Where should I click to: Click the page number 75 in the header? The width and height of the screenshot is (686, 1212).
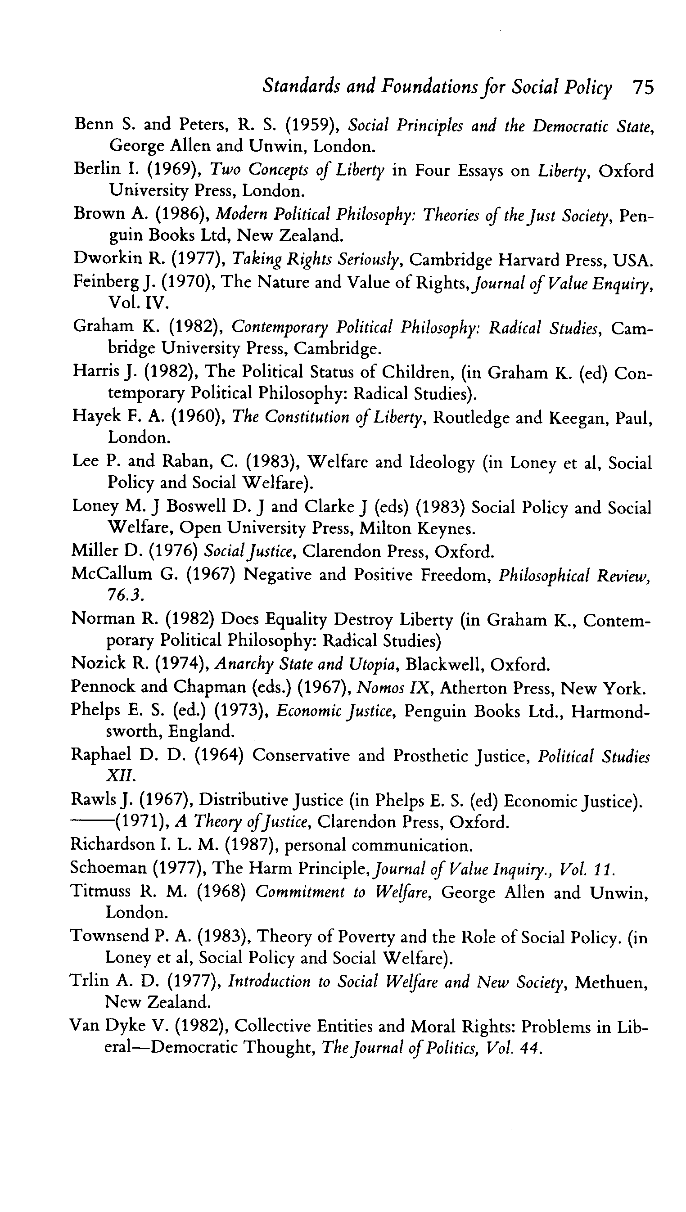click(x=643, y=88)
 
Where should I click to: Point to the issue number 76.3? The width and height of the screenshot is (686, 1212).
click(x=124, y=595)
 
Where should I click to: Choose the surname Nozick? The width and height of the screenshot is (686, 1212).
click(x=98, y=663)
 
